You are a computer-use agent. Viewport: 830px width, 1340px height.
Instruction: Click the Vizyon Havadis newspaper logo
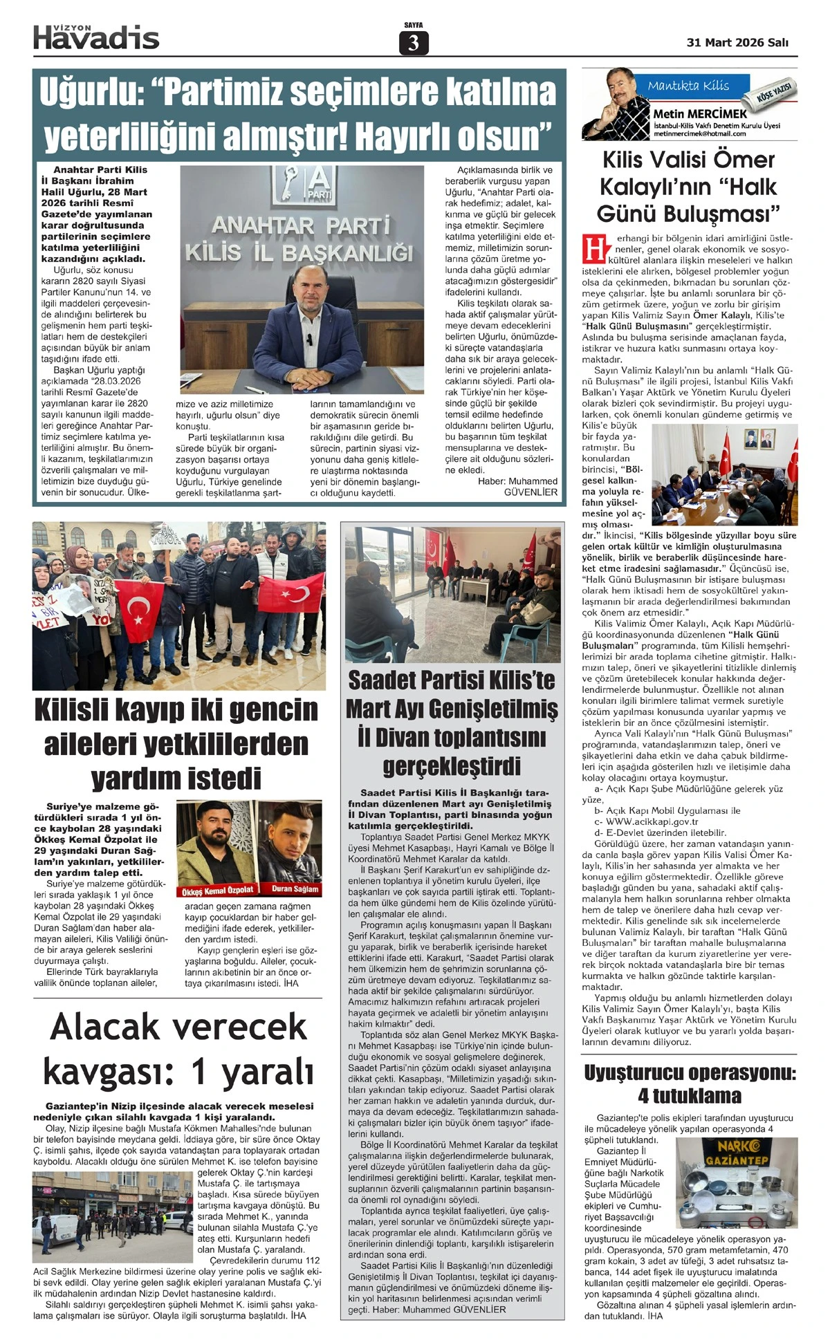click(96, 37)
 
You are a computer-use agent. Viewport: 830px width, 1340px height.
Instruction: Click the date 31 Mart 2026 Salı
click(737, 43)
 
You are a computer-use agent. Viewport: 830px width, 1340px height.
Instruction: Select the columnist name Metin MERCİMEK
click(700, 113)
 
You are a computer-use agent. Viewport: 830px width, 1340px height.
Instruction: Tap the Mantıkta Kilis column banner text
click(688, 86)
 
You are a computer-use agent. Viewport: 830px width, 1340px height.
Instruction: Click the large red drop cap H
click(593, 249)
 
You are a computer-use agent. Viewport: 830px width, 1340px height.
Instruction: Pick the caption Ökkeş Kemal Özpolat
click(217, 889)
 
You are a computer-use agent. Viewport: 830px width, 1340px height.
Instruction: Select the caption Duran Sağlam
click(295, 888)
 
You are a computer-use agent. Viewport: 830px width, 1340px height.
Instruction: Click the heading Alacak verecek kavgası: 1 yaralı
click(178, 1048)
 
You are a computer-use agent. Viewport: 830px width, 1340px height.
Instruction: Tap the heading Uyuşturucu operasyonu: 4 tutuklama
click(690, 1084)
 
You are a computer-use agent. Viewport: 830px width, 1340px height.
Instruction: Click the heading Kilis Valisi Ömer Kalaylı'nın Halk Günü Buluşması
click(689, 187)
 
